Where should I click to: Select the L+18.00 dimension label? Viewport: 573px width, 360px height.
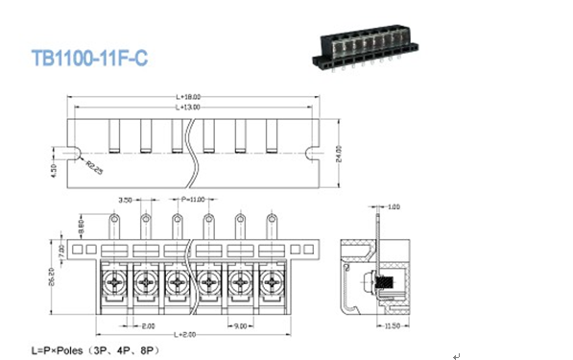(x=188, y=98)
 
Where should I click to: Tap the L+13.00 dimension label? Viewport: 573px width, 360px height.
(x=189, y=108)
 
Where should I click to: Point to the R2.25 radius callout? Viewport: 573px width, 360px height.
(x=94, y=169)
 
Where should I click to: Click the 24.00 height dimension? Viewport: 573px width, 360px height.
(x=339, y=153)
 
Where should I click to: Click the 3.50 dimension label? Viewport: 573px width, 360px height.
(x=126, y=201)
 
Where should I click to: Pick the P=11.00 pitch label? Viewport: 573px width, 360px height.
(x=193, y=200)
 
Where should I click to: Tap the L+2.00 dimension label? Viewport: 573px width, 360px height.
(x=188, y=334)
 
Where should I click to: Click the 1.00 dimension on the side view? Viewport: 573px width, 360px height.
(x=394, y=206)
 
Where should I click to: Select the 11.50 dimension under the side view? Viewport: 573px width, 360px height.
(x=392, y=326)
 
